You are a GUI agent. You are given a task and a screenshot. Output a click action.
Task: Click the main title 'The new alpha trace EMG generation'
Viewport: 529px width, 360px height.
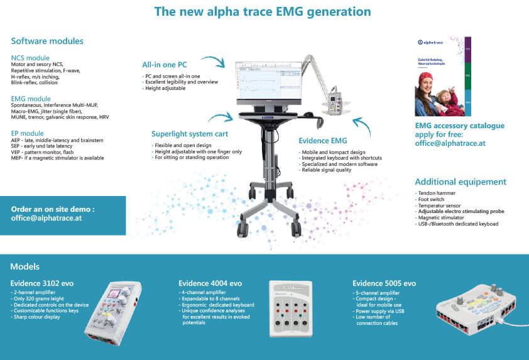pos(263,12)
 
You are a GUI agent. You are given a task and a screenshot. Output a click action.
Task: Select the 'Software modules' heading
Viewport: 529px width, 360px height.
pos(47,41)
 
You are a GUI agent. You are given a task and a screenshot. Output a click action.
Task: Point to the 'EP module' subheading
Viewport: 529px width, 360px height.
pos(28,133)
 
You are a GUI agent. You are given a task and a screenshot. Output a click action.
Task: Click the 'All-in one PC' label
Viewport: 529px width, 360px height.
pos(164,64)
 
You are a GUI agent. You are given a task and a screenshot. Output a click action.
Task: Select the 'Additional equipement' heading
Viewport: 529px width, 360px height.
pos(461,182)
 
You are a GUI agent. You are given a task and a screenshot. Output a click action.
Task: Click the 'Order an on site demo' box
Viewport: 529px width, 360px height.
pos(63,214)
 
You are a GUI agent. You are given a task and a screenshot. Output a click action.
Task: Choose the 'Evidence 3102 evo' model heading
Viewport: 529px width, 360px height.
pos(42,283)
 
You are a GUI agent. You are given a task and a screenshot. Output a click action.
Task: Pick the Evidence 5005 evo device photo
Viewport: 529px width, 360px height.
pos(479,308)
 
